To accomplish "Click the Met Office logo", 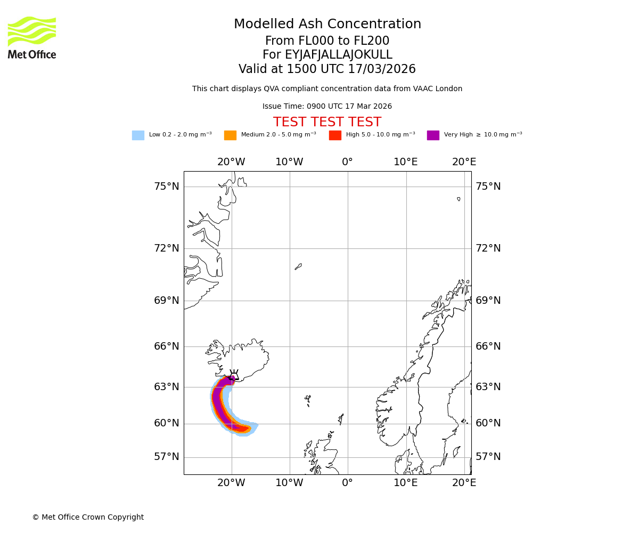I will click(32, 37).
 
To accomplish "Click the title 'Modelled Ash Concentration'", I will click(327, 25).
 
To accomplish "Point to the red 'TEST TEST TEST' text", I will click(327, 122).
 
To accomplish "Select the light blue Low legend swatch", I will click(138, 135).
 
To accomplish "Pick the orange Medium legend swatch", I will click(230, 135).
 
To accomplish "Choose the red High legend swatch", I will click(335, 135).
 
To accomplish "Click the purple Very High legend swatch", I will click(433, 135).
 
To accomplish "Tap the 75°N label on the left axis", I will click(167, 187).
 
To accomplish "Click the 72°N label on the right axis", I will click(488, 248).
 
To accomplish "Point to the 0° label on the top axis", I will click(347, 162).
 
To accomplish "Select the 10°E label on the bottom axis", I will click(406, 483).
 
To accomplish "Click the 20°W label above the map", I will click(231, 162).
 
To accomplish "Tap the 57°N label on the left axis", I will click(167, 457).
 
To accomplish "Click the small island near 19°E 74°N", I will click(458, 199).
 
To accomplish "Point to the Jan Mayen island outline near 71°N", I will click(298, 266).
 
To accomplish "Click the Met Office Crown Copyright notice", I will click(88, 517).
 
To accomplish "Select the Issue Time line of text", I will click(327, 107).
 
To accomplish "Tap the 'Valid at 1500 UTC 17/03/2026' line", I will click(327, 69).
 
